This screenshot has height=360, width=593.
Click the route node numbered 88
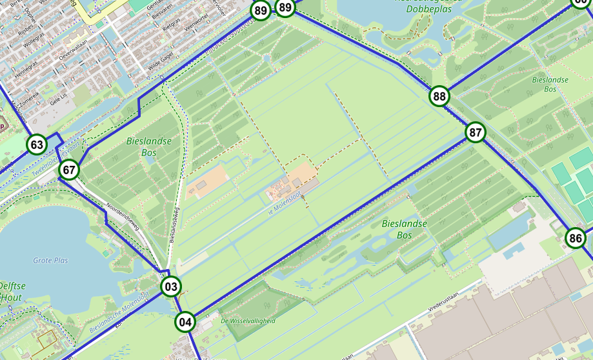tap(439, 97)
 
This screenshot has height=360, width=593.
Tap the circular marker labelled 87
tap(476, 133)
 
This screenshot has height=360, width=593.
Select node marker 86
tap(576, 238)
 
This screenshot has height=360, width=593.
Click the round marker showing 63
tap(37, 145)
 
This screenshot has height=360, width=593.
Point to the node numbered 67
tap(69, 170)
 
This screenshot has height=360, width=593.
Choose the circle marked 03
tap(170, 286)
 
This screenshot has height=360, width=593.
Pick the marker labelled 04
tap(185, 321)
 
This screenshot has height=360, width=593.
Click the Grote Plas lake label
tap(50, 260)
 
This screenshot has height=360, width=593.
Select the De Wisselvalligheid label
tap(248, 321)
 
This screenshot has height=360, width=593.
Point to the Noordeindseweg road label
tap(123, 215)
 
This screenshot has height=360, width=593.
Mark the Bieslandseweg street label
tap(174, 224)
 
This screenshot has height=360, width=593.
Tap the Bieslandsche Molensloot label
tap(119, 312)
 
